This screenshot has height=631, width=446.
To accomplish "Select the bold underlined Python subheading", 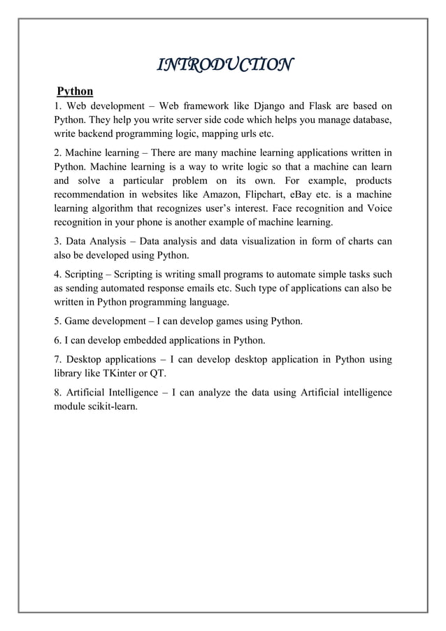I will pos(75,91).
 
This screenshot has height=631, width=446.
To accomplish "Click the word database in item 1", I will pos(368,120).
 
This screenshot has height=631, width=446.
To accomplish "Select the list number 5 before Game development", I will pos(58,321).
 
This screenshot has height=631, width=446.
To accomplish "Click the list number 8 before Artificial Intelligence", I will pos(58,392).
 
